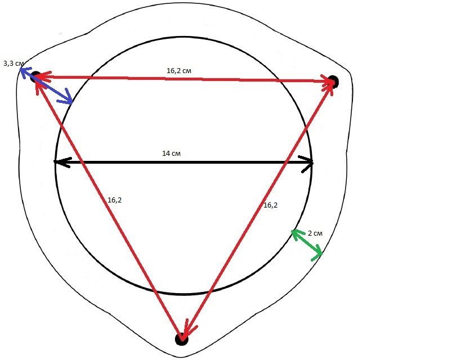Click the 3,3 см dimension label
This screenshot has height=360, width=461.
pos(14,64)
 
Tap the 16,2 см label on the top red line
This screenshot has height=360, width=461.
pos(179,71)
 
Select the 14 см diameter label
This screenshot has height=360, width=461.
pos(172,154)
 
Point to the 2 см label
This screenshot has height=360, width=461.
pos(315,233)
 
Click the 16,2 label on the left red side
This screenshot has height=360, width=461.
pos(115,200)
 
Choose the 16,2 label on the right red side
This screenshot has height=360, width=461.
pos(271,205)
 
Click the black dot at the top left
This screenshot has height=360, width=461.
pos(35,76)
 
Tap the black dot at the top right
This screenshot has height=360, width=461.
pos(333,82)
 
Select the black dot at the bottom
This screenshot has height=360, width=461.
pos(181,339)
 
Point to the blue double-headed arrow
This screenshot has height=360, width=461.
pos(46,86)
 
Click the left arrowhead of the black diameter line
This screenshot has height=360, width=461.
pos(62,162)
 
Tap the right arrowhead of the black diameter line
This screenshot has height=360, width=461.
pos(306,164)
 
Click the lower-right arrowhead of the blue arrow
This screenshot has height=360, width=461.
pos(67,97)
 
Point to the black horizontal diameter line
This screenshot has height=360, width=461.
pos(183,162)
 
